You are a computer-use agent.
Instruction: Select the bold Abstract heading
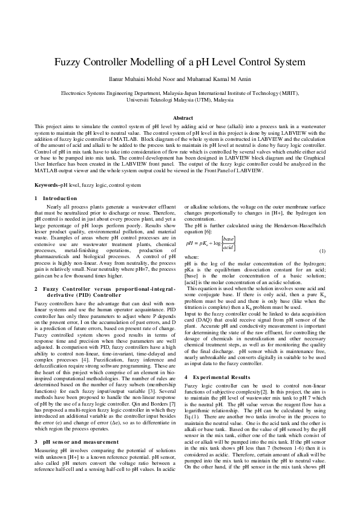183,118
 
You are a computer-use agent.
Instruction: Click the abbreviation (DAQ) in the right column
211,315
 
